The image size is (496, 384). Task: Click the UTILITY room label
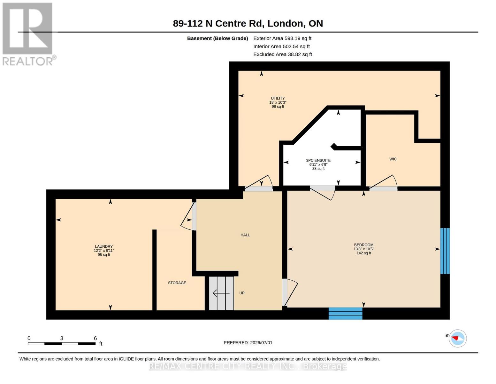pyautogui.click(x=278, y=98)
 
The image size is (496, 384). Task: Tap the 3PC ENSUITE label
pyautogui.click(x=318, y=160)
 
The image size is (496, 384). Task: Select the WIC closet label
pyautogui.click(x=393, y=159)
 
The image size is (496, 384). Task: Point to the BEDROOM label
pyautogui.click(x=363, y=245)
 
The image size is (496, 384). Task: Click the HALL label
pyautogui.click(x=245, y=235)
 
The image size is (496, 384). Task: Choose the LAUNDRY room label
pyautogui.click(x=104, y=246)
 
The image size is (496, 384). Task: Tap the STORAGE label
pyautogui.click(x=177, y=283)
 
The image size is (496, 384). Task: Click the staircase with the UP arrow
pyautogui.click(x=221, y=293)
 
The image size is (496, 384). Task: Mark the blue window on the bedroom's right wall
pyautogui.click(x=445, y=251)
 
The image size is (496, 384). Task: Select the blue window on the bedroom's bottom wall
pyautogui.click(x=345, y=313)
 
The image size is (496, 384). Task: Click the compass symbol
pyautogui.click(x=457, y=338)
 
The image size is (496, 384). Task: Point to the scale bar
pyautogui.click(x=62, y=343)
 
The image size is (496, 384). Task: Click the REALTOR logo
pyautogui.click(x=28, y=34)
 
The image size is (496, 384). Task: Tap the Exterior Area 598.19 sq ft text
pyautogui.click(x=282, y=38)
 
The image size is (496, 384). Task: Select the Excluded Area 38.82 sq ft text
pyautogui.click(x=283, y=54)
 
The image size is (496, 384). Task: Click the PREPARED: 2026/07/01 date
pyautogui.click(x=248, y=343)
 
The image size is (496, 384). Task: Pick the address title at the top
pyautogui.click(x=248, y=23)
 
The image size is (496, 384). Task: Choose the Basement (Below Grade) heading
pyautogui.click(x=217, y=38)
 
